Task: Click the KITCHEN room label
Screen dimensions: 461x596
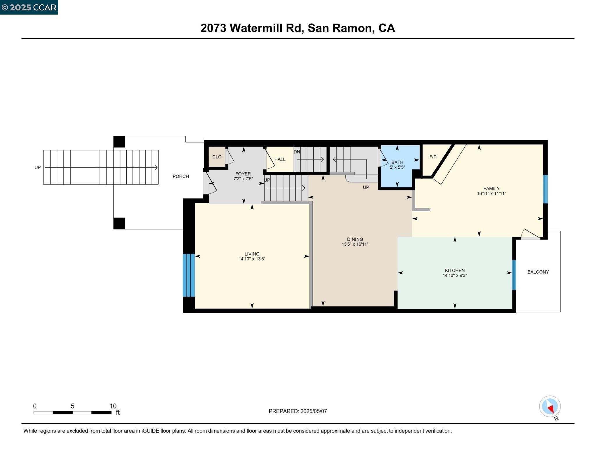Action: coord(455,270)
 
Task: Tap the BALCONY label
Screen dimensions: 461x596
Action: coord(538,272)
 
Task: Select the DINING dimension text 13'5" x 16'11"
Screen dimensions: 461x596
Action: coord(355,244)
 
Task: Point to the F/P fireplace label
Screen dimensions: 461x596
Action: coord(433,157)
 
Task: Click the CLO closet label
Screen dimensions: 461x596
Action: coord(217,157)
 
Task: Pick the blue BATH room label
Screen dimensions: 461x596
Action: coord(397,162)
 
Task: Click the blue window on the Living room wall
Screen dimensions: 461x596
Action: coord(189,275)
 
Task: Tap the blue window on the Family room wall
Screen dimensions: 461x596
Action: coord(545,189)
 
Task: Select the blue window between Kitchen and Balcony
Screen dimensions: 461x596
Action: coord(514,275)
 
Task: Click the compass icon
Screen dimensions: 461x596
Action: coord(550,406)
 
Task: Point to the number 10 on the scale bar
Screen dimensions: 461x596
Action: coord(113,406)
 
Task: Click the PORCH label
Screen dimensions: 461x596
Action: coord(181,176)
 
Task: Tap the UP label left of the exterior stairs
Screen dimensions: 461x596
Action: coord(38,168)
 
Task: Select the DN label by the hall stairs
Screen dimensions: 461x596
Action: coord(297,152)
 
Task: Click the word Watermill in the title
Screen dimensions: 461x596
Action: coord(265,28)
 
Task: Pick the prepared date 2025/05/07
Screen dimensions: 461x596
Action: coord(313,411)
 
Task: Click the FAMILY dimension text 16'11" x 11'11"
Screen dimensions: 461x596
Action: coord(492,193)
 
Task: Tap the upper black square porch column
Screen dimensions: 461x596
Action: coord(119,142)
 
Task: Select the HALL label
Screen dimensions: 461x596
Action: coord(280,159)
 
